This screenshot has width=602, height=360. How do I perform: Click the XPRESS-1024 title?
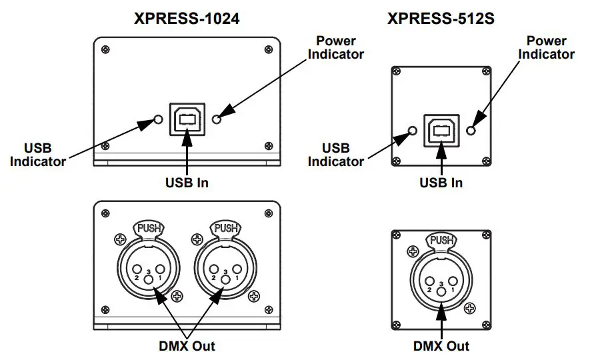pos(187,18)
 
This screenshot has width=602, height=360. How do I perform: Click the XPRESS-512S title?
pos(441,18)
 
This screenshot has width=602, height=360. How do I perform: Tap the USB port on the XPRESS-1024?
pos(187,119)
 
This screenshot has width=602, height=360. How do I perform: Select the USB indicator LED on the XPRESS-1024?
pos(158,119)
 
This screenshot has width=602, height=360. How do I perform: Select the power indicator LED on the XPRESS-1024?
pos(216,119)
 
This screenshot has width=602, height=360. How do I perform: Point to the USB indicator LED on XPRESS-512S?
pos(413,130)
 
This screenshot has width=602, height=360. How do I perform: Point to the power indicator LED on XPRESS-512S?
pos(471,130)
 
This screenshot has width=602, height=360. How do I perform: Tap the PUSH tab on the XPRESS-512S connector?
pos(441,241)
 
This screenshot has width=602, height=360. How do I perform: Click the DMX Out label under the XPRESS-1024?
pos(187,345)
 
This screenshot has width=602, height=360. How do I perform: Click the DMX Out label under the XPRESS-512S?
pos(441,345)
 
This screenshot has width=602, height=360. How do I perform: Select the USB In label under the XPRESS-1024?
pos(187,181)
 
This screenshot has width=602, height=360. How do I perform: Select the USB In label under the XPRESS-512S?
pos(441,182)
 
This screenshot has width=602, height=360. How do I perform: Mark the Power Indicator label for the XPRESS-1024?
pos(335,47)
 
